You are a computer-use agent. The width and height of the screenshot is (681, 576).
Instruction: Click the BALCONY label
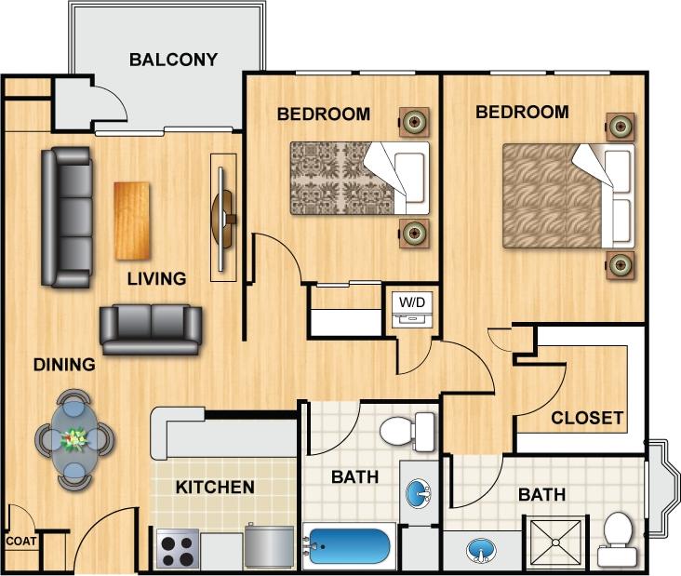click(173, 60)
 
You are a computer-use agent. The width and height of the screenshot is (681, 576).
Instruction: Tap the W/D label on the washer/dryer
click(409, 302)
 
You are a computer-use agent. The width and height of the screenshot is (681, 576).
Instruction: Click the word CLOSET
click(586, 418)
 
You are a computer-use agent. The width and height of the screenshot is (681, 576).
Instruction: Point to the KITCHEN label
click(215, 487)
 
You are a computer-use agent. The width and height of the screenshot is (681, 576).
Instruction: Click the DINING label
click(64, 365)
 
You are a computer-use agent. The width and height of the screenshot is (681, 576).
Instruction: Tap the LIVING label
click(156, 278)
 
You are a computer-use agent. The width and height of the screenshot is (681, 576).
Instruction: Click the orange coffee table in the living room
click(131, 221)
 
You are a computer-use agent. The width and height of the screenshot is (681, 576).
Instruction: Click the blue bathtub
click(348, 547)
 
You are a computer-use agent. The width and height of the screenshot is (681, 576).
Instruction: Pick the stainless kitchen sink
click(269, 546)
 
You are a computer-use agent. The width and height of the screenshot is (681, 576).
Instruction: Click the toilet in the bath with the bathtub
click(407, 432)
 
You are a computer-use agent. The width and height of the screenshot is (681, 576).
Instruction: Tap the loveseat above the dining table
click(151, 328)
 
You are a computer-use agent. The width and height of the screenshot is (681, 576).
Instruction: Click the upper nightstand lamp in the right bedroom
click(620, 124)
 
